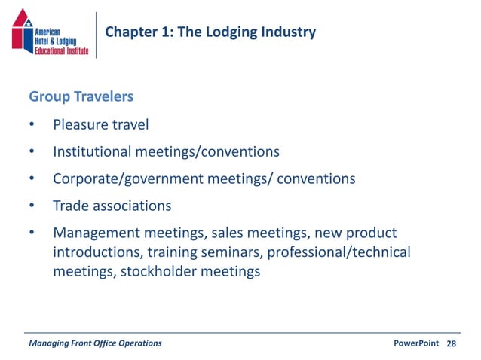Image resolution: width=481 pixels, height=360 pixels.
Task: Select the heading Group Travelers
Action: [81, 97]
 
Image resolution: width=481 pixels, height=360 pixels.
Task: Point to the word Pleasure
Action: [81, 124]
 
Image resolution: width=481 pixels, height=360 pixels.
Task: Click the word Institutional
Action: [92, 151]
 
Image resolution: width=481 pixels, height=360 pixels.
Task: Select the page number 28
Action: [452, 343]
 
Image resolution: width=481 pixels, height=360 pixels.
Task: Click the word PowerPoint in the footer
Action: [416, 343]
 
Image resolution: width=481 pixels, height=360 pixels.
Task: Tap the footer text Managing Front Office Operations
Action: [95, 343]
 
